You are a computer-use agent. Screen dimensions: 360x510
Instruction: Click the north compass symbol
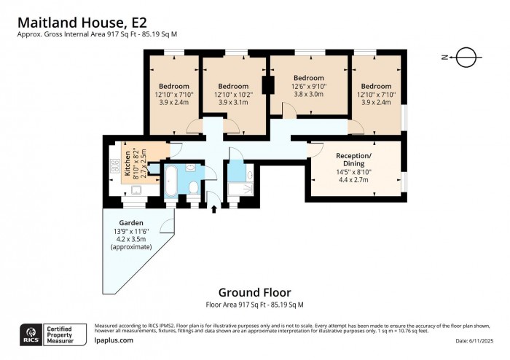coord(464,56)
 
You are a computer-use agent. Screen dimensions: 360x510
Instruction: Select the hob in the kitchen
coord(114,166)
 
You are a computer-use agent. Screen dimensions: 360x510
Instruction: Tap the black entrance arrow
coord(213,210)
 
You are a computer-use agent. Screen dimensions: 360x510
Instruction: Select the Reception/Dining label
coord(353,160)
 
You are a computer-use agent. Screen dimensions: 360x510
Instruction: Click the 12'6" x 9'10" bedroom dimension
coord(309,86)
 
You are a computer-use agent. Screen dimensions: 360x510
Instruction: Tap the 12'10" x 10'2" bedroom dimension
coord(232,94)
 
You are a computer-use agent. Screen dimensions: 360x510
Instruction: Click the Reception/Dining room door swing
coord(315,149)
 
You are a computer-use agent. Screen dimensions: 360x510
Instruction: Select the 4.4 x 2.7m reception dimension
coord(353,179)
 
